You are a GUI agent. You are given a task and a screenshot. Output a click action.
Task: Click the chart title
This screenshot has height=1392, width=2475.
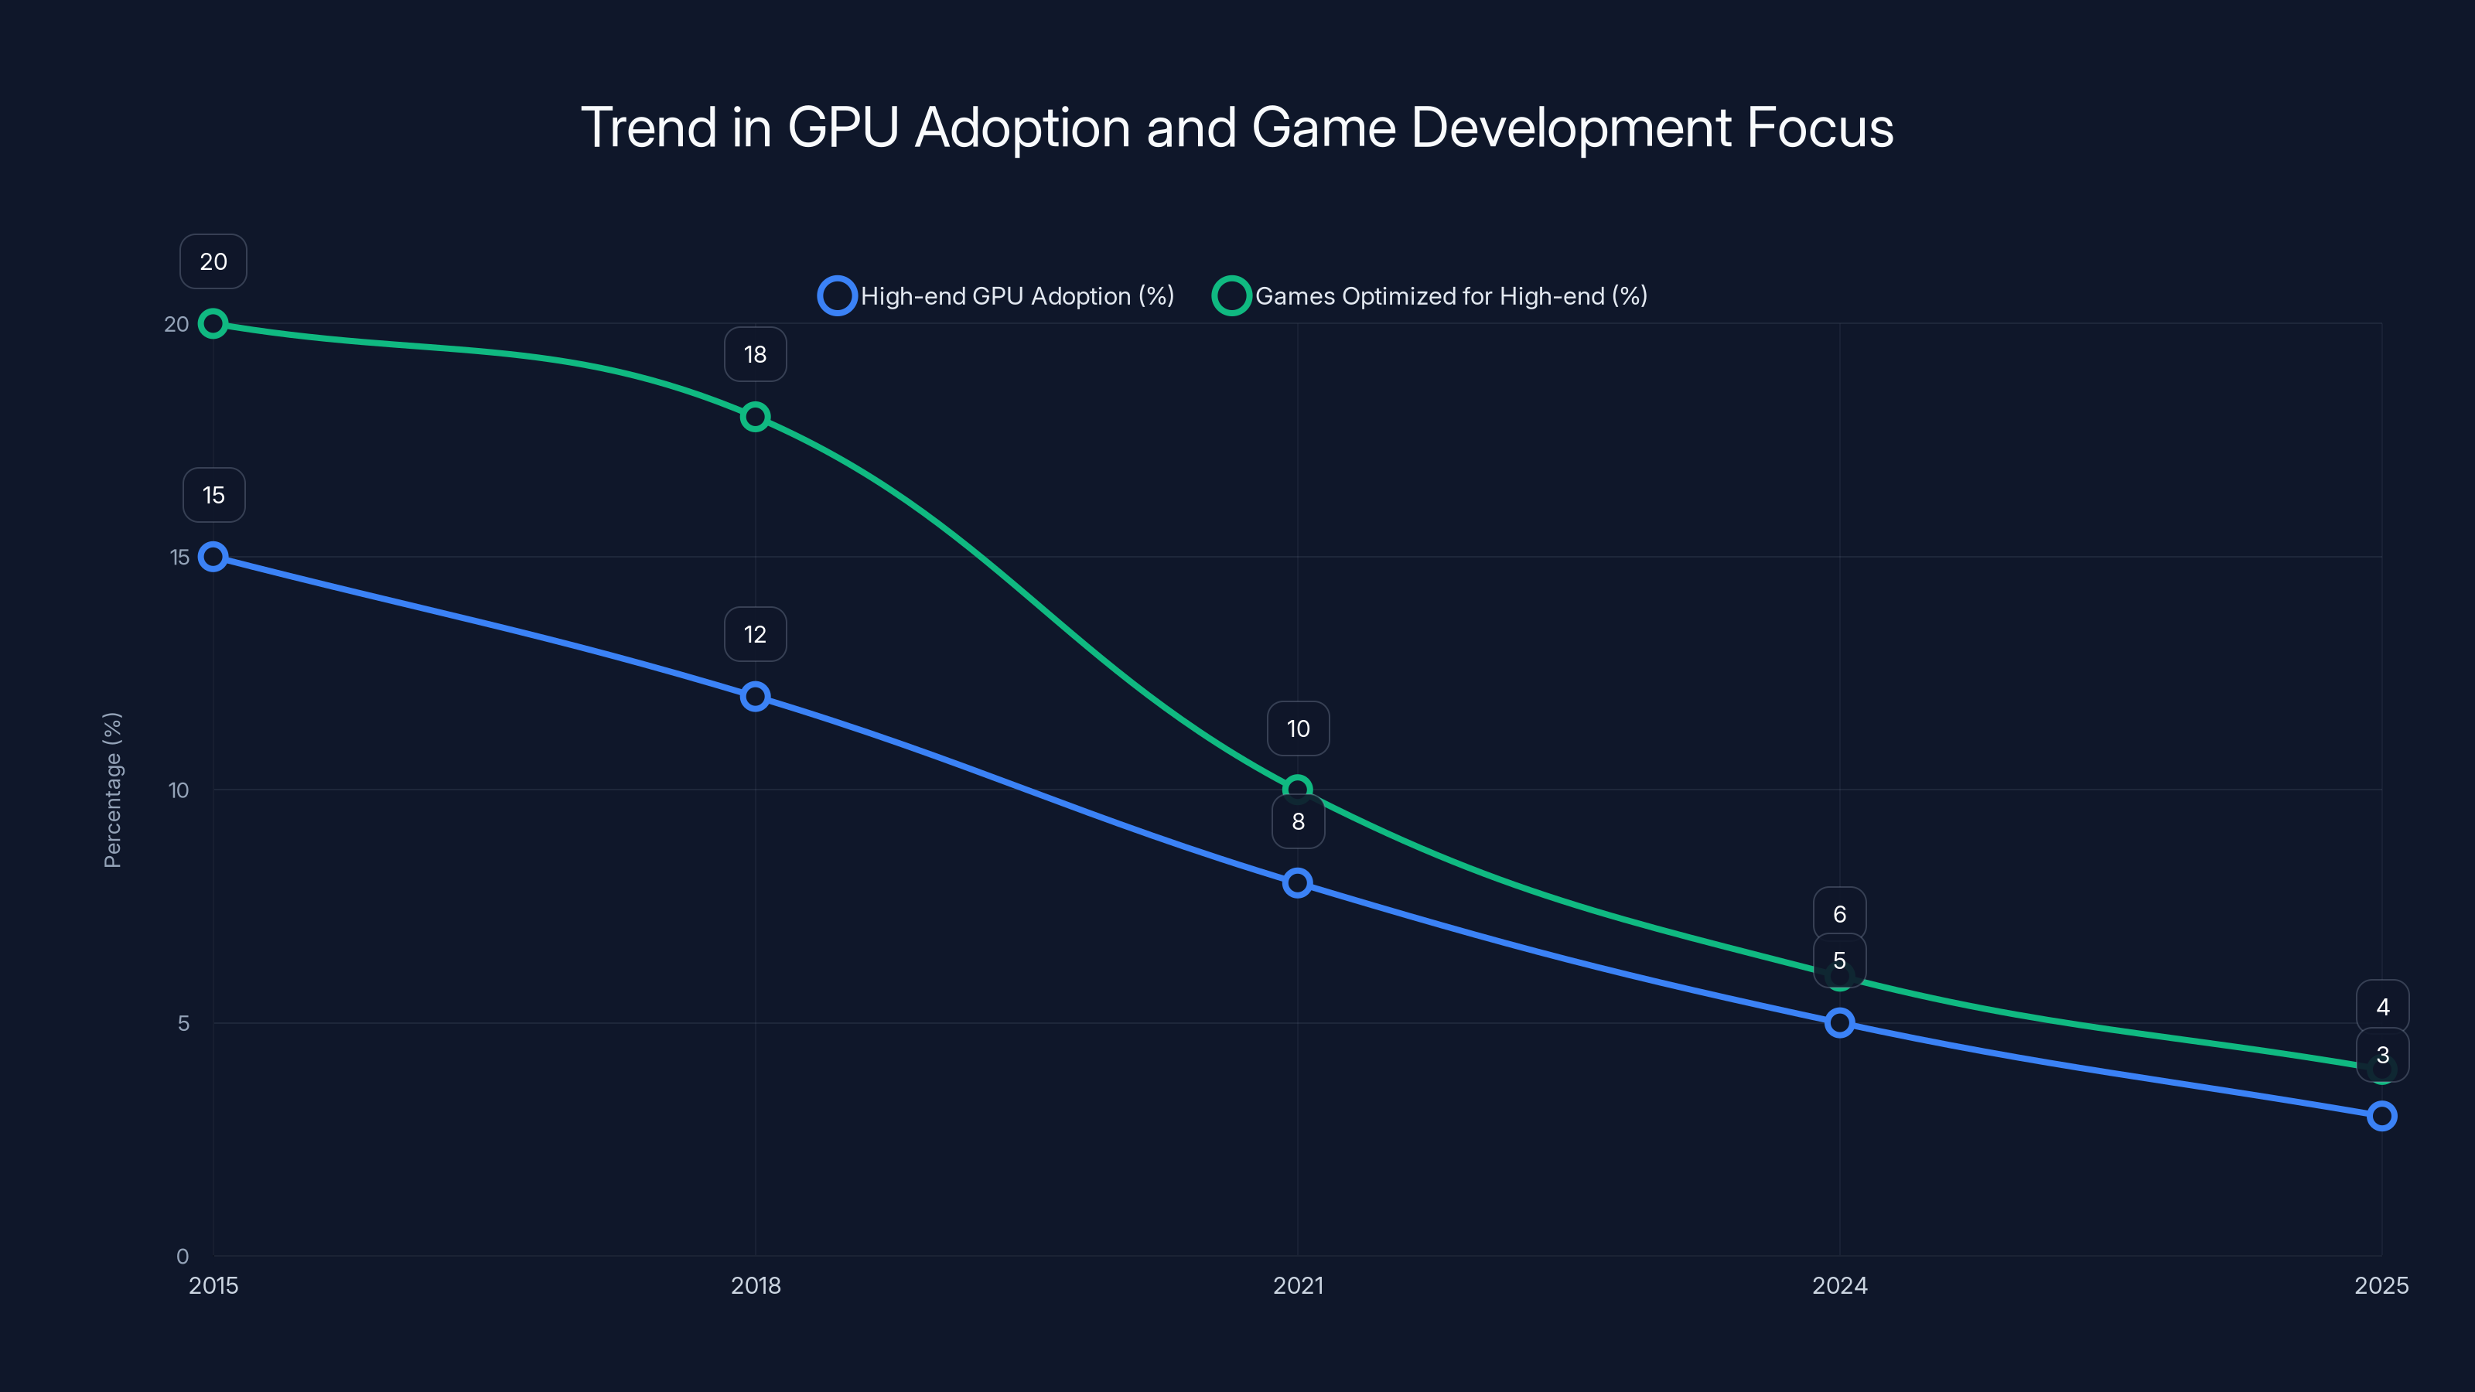point(1237,128)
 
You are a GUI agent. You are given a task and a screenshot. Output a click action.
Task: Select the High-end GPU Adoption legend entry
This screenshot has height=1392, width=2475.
point(996,296)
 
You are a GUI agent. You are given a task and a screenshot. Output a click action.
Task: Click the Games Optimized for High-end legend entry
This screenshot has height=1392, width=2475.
point(1431,296)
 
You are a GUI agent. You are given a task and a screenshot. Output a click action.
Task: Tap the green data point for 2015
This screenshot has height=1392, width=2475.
point(213,324)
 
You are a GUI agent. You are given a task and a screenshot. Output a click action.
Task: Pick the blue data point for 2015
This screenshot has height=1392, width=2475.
point(213,557)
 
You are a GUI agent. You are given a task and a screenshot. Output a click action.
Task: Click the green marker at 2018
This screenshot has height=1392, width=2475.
point(755,417)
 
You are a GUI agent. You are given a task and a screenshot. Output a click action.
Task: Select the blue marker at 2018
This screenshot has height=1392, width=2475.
point(755,697)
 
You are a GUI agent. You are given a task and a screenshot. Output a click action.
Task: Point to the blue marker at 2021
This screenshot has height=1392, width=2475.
point(1297,883)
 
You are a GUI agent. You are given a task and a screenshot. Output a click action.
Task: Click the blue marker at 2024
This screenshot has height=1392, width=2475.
point(1839,1023)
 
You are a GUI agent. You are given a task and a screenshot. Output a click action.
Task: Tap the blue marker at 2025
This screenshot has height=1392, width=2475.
point(2381,1116)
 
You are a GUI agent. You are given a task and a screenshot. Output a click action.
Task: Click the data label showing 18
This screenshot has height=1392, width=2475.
point(755,354)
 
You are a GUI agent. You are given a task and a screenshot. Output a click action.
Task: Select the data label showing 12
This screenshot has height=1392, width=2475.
point(755,634)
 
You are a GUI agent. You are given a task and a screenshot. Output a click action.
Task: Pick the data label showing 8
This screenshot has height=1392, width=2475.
point(1298,822)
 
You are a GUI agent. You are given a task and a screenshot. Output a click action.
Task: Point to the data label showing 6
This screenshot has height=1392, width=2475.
point(1839,913)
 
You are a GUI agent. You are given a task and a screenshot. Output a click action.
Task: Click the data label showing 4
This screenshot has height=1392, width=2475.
point(2382,1007)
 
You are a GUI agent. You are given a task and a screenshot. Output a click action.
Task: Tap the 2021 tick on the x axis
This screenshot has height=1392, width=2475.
point(1297,1285)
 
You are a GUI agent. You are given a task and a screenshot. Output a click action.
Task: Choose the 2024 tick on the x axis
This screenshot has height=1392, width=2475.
point(1839,1285)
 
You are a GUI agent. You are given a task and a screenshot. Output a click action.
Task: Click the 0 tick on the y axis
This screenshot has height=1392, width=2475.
point(183,1256)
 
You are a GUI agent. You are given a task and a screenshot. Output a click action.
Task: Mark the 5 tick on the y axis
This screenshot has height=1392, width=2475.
point(183,1023)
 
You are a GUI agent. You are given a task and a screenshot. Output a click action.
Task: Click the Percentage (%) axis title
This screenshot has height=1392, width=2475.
point(112,790)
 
